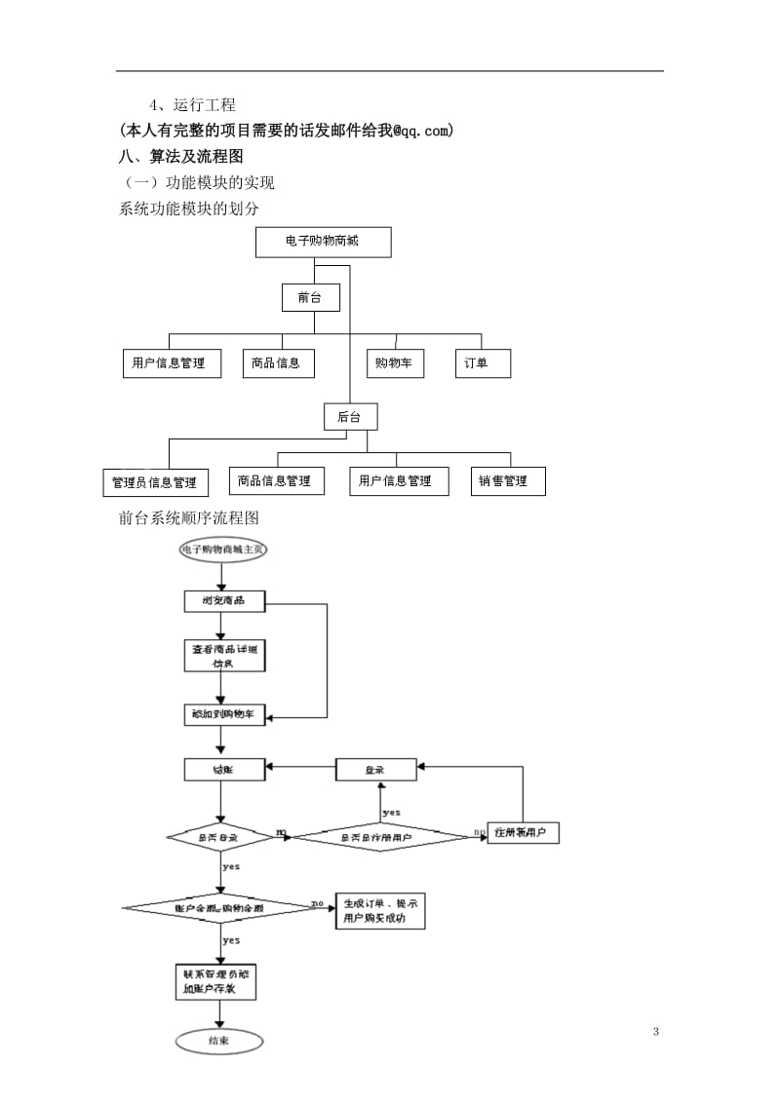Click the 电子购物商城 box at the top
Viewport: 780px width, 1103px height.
(323, 242)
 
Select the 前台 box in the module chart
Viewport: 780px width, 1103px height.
(310, 297)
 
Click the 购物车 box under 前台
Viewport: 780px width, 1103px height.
(395, 363)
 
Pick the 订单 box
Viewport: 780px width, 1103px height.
(482, 363)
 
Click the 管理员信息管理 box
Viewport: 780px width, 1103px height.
(154, 482)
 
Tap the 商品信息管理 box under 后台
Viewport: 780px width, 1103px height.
(274, 480)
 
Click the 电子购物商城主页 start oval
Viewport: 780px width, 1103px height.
(222, 550)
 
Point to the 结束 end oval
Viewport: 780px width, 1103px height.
(219, 1041)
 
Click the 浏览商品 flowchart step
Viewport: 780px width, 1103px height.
(224, 601)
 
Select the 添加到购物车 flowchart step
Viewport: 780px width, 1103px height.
(224, 714)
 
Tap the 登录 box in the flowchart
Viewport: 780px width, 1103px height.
(375, 770)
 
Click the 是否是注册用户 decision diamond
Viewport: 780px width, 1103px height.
(381, 836)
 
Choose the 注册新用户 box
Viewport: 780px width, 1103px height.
(523, 834)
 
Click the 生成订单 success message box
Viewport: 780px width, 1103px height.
(380, 911)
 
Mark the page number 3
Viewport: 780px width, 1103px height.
(656, 1032)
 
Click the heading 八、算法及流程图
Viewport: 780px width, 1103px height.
(180, 156)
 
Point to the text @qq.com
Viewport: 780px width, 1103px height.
(423, 131)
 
